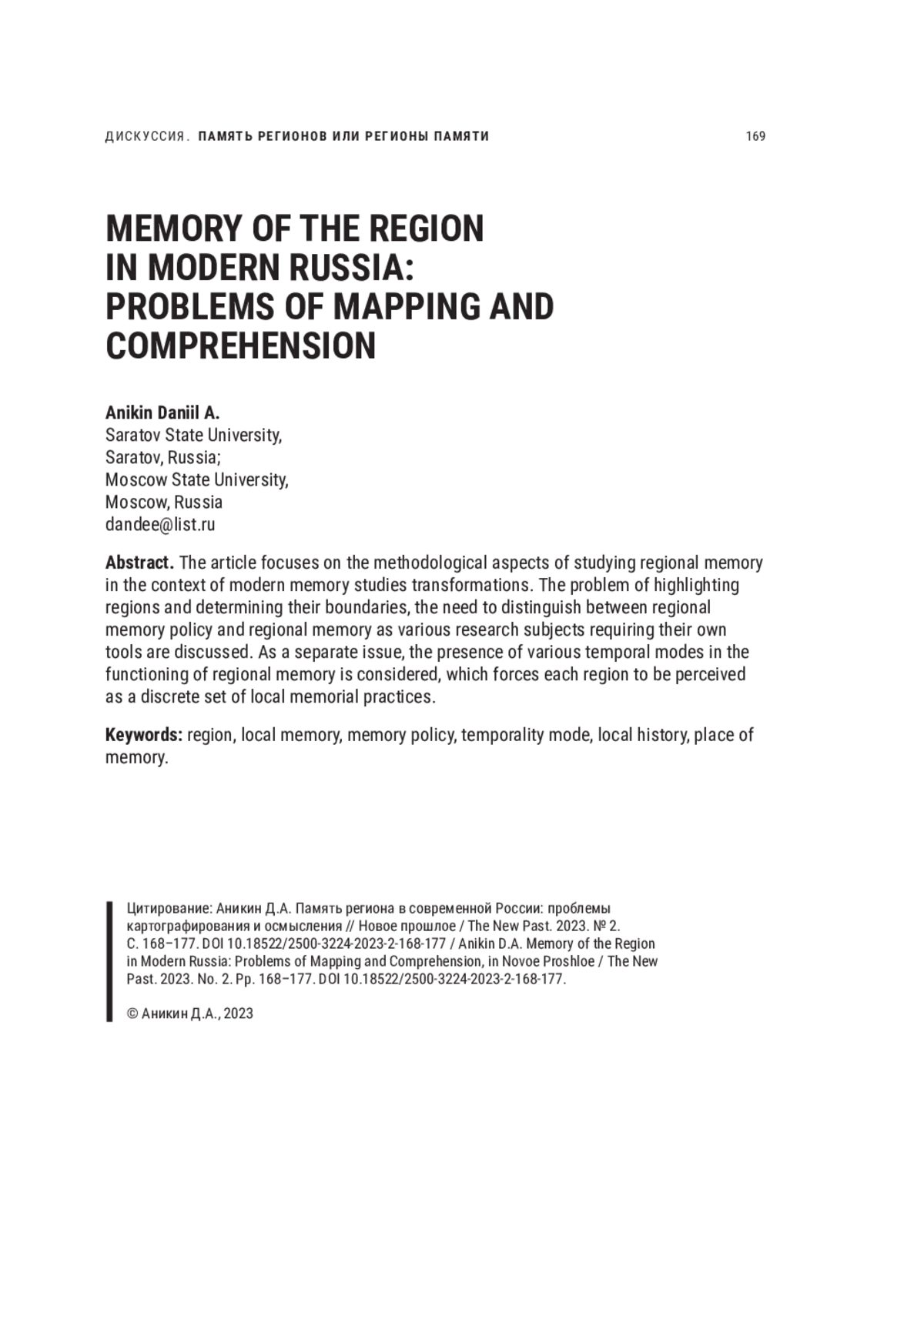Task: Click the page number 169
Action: [755, 136]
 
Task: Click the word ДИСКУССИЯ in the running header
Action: [145, 136]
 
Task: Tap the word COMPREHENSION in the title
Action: [240, 346]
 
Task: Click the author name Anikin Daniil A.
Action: [162, 412]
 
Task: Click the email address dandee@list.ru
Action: [160, 525]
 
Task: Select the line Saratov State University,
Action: [193, 435]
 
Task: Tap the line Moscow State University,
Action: [196, 479]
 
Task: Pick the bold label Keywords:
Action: [143, 735]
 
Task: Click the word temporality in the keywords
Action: [502, 735]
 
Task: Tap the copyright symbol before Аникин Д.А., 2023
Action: [132, 1013]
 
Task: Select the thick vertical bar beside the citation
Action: [109, 961]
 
